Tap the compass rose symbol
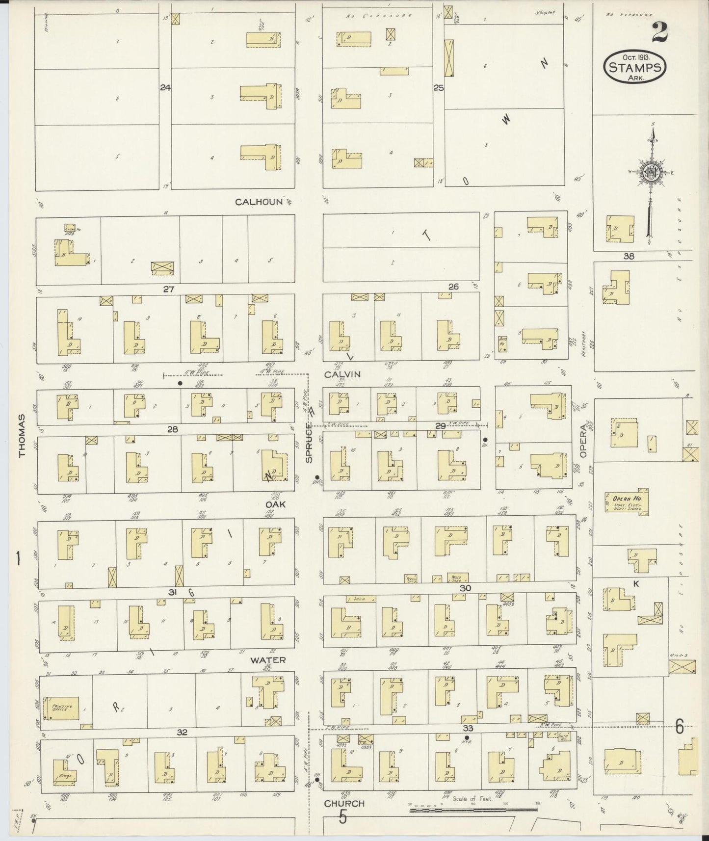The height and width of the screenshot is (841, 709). [x=651, y=172]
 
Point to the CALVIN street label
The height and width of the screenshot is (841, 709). [x=342, y=374]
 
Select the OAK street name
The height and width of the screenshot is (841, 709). [x=275, y=504]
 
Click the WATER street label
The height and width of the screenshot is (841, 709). [x=268, y=660]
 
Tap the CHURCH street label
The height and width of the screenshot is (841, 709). [x=344, y=803]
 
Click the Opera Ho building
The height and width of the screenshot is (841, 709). [x=627, y=504]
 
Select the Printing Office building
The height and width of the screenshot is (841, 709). [x=61, y=708]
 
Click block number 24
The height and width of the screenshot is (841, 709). [x=165, y=88]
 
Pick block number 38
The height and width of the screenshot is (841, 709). [x=629, y=256]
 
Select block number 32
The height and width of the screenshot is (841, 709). [x=182, y=732]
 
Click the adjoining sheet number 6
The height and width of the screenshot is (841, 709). [x=679, y=728]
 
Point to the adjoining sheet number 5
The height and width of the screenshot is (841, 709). [x=342, y=818]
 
